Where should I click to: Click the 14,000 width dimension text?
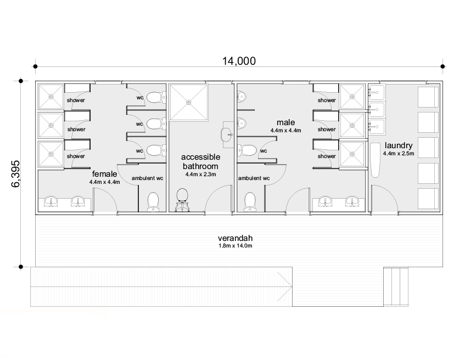click(x=239, y=61)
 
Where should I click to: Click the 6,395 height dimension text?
click(x=15, y=174)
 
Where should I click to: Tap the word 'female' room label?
click(x=104, y=174)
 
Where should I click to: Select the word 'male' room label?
click(x=285, y=122)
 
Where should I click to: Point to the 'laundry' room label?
click(x=399, y=145)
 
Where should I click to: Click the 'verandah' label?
click(x=235, y=238)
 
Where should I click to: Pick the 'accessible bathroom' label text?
click(x=201, y=161)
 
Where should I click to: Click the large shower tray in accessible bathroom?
click(x=189, y=102)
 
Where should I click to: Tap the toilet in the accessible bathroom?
click(x=182, y=200)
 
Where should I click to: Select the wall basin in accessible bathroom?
click(x=227, y=134)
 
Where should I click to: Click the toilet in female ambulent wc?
click(x=153, y=202)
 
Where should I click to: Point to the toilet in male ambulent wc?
click(x=250, y=202)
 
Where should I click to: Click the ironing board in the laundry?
click(x=376, y=160)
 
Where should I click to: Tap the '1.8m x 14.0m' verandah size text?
click(x=235, y=245)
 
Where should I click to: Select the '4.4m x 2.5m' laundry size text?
click(x=399, y=154)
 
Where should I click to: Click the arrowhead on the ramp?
click(x=285, y=287)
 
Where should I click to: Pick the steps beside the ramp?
click(x=396, y=286)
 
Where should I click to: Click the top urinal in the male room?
click(x=242, y=97)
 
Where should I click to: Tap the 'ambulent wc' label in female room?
click(x=147, y=178)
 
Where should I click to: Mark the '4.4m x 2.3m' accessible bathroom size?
click(x=201, y=175)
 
